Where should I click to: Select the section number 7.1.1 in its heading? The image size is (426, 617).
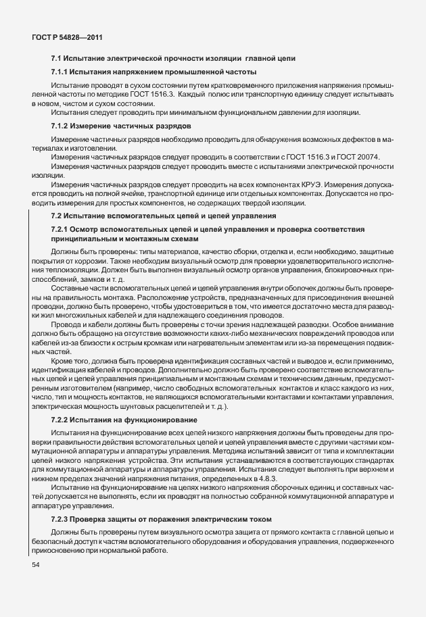[61, 72]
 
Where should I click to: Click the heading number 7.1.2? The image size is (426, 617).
[61, 126]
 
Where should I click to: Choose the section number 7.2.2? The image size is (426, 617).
[61, 420]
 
